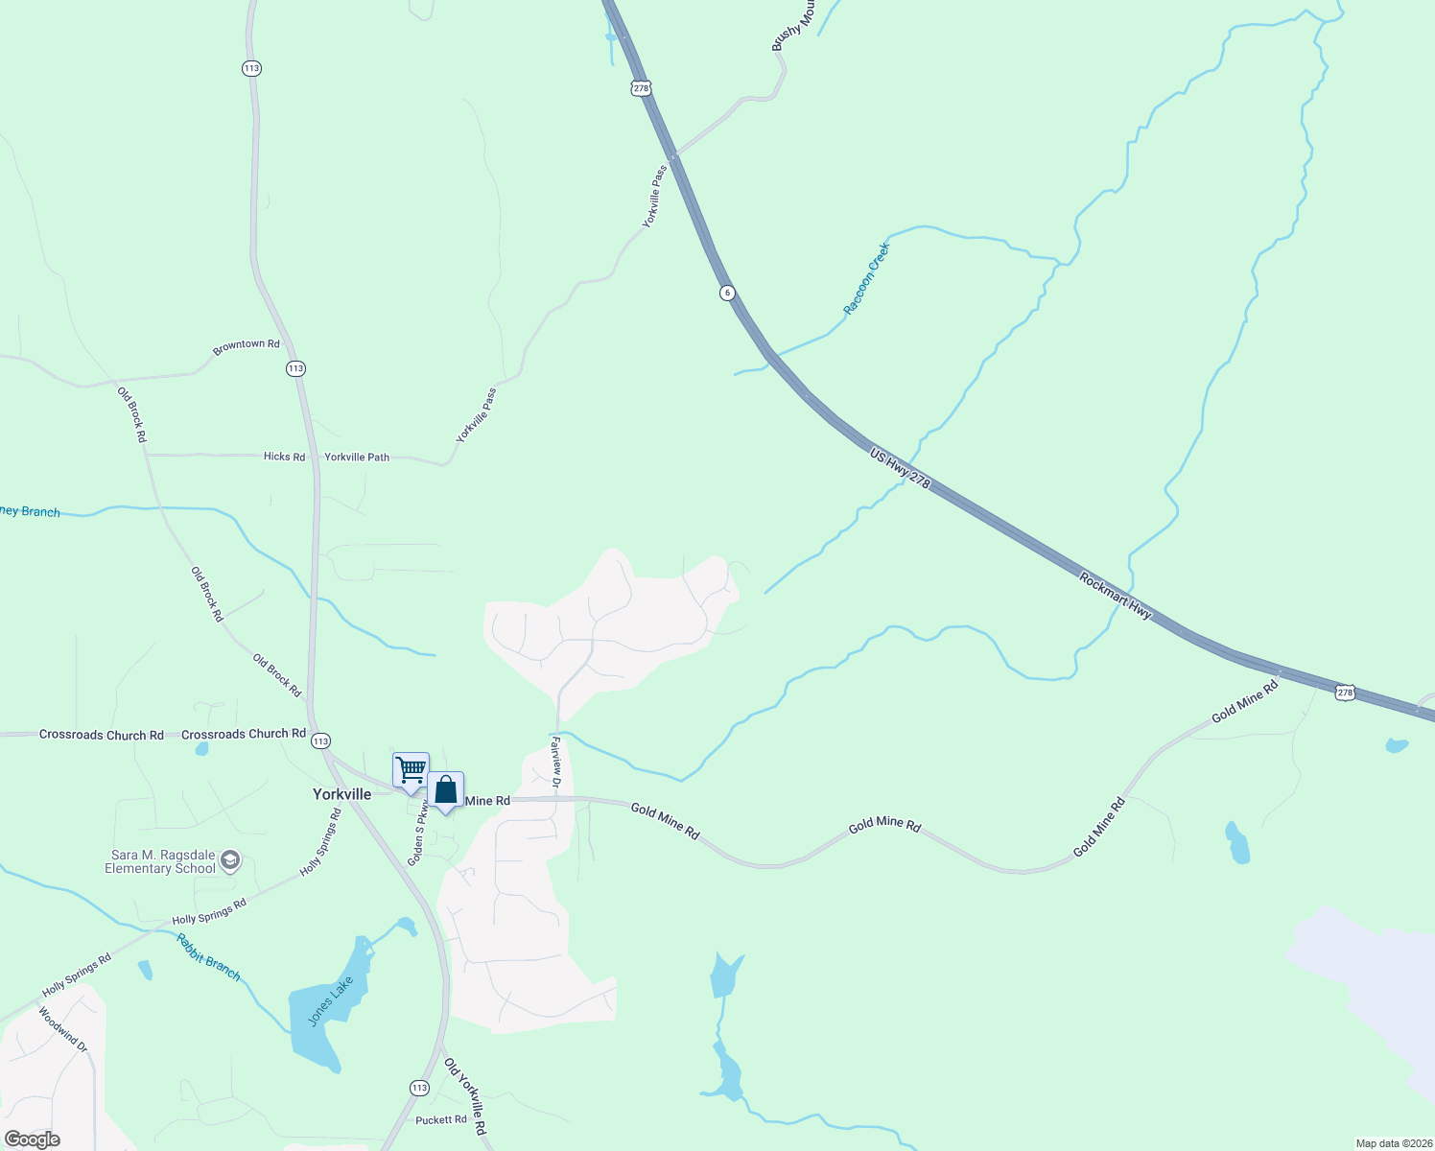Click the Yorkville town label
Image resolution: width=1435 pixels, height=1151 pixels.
[x=341, y=794]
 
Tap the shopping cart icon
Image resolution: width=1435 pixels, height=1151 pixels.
[x=411, y=769]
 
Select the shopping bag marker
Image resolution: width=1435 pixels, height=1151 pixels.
[x=446, y=789]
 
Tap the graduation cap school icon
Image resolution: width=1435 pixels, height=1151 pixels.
[x=230, y=860]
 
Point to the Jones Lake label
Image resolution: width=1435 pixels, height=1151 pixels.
[x=331, y=1001]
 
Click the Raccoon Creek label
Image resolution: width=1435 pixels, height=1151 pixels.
[x=867, y=278]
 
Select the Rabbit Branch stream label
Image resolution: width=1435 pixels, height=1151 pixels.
[x=208, y=956]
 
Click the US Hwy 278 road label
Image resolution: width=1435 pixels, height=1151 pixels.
[x=900, y=468]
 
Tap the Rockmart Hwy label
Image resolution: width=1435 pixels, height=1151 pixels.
[x=1115, y=596]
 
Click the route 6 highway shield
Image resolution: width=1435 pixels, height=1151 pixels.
[x=728, y=293]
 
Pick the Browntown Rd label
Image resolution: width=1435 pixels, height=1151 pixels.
[x=247, y=345]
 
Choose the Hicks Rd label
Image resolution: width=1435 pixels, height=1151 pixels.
[x=284, y=457]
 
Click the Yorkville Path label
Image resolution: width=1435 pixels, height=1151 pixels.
[x=357, y=458]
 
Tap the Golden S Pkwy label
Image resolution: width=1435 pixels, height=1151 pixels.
[x=418, y=833]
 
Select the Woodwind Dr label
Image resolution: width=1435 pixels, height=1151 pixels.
[x=63, y=1029]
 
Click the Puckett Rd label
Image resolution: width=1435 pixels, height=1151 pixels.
[x=441, y=1120]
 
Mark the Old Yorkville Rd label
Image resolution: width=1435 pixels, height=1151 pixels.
[x=465, y=1096]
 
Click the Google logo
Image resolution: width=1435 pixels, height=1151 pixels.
[x=32, y=1139]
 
